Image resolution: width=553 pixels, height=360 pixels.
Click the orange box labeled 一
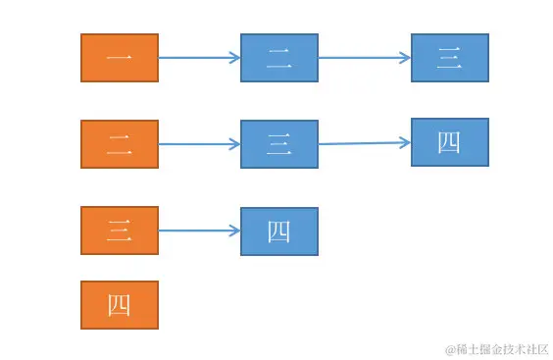119,58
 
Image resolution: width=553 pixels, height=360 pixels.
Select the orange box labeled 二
119,144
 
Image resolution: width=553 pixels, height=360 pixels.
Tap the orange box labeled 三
119,231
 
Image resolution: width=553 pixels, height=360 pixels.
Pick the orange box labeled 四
119,305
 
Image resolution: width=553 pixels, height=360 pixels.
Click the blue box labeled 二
279,58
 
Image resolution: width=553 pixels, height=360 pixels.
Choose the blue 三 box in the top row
449,58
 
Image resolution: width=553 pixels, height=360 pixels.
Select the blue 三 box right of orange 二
279,144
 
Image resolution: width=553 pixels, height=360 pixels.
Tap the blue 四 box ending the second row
449,142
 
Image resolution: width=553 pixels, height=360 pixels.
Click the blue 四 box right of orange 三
279,231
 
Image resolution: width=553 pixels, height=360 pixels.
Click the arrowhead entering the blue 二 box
235,58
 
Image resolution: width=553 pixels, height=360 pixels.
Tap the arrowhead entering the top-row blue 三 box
405,58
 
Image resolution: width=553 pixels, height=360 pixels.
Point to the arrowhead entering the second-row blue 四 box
405,142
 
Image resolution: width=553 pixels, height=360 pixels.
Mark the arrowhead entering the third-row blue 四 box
235,231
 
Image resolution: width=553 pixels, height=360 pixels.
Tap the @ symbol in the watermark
451,349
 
